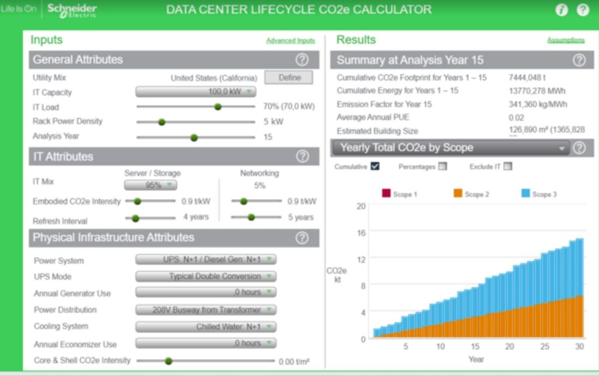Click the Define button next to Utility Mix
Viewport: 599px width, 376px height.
[288, 77]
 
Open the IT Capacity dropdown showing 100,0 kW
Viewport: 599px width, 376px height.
[195, 92]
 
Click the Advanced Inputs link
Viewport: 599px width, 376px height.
[290, 40]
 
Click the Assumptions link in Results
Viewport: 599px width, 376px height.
[565, 40]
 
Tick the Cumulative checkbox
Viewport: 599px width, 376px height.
[375, 166]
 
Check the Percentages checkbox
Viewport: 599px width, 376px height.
[442, 166]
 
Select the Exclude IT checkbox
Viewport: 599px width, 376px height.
[507, 166]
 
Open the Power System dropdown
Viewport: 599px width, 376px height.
[205, 259]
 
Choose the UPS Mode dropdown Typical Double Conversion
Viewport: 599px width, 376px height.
[205, 276]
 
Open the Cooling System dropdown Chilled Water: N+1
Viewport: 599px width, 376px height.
[205, 326]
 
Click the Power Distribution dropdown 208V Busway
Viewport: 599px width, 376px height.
[205, 309]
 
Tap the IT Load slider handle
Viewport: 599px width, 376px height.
[218, 107]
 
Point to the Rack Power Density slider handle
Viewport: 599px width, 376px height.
[161, 122]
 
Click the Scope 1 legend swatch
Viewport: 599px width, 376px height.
[385, 194]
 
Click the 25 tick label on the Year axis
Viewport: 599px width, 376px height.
[545, 346]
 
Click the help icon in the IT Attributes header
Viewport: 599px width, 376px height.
[302, 156]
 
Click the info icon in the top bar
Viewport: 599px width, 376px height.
[561, 10]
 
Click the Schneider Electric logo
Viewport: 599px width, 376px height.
[71, 10]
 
